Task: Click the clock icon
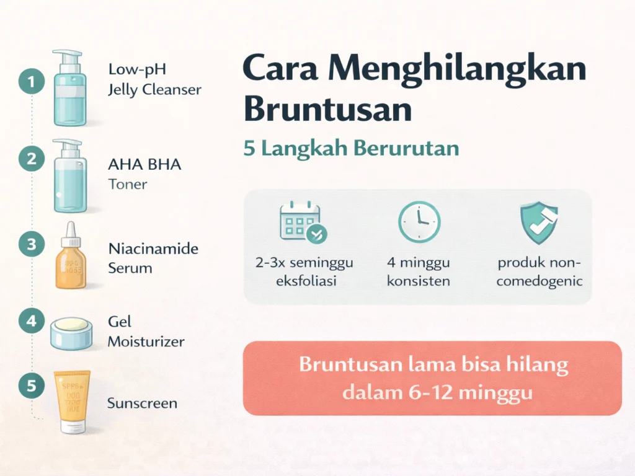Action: [419, 221]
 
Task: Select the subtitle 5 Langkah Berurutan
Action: [351, 149]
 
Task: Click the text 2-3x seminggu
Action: [304, 262]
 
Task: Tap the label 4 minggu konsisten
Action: [419, 271]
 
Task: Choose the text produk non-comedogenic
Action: [540, 271]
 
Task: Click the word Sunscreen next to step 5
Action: [142, 403]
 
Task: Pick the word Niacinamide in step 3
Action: [153, 249]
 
